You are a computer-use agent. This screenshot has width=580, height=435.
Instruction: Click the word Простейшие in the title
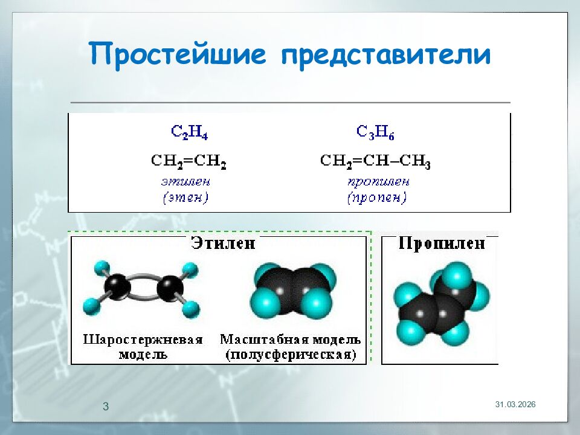pos(179,55)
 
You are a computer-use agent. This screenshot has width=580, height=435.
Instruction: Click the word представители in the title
pos(385,55)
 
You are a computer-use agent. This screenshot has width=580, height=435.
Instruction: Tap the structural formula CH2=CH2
pos(188,161)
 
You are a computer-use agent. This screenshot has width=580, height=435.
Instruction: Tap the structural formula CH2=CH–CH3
pos(375,161)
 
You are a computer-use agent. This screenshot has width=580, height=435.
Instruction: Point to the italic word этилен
pos(185,181)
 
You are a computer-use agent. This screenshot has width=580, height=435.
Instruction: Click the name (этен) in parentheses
pos(185,198)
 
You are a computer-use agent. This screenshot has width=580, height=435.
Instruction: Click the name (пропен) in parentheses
pos(377,198)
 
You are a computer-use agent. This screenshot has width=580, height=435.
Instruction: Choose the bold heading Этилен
pos(223,243)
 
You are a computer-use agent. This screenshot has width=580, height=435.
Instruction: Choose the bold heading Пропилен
pos(442,243)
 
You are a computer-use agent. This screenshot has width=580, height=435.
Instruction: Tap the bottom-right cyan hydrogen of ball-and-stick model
pos(191,310)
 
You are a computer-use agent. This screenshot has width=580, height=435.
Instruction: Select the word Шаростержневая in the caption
pos(143,339)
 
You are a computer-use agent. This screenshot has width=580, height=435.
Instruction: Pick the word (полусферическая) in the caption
pos(291,355)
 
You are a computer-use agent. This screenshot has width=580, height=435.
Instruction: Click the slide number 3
pos(106,407)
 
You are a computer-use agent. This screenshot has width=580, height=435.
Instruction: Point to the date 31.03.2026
pos(515,404)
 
